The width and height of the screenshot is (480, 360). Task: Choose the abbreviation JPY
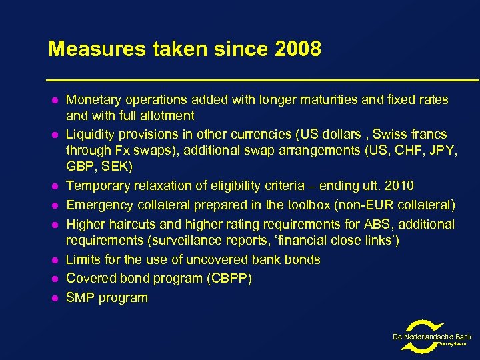pos(441,151)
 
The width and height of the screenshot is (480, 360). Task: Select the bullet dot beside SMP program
pos(52,298)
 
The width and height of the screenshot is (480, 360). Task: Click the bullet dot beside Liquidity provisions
pos(52,135)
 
